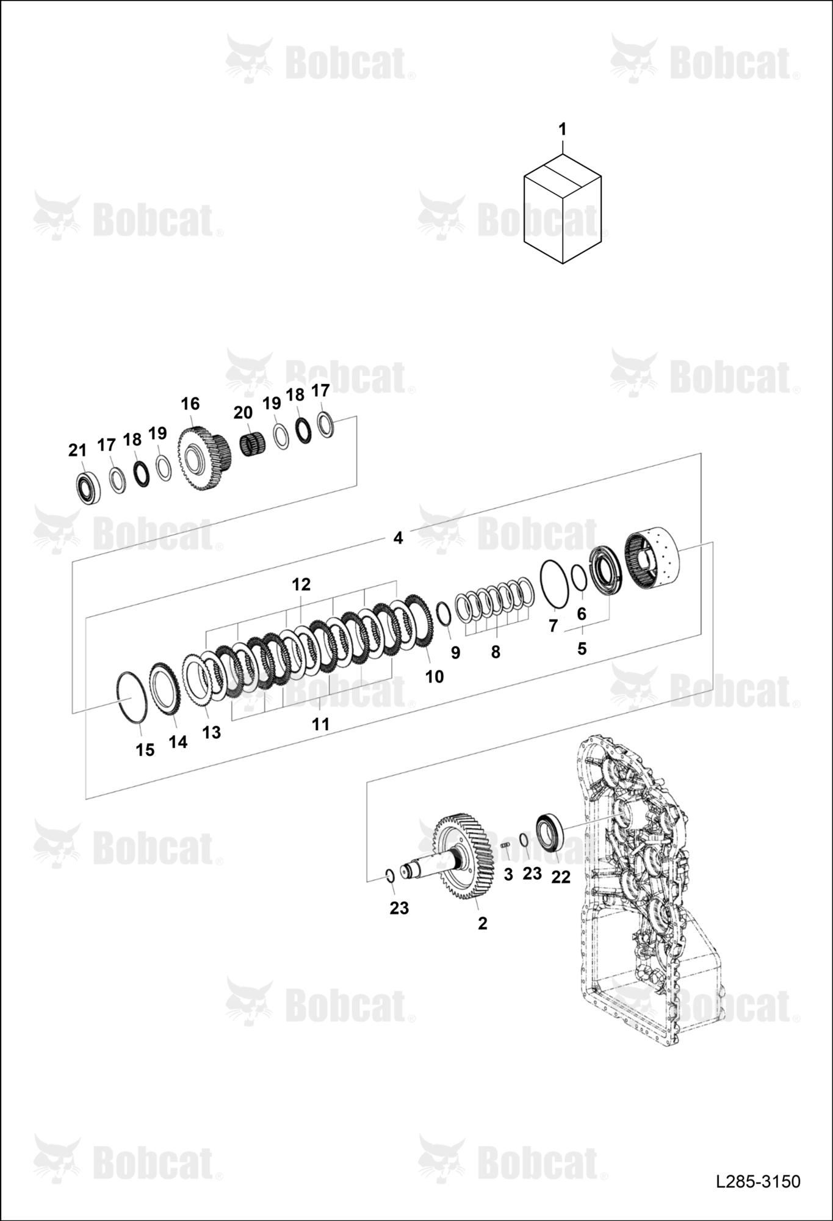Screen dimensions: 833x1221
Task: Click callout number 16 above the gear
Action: pyautogui.click(x=190, y=404)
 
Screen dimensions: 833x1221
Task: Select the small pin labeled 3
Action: pyautogui.click(x=505, y=845)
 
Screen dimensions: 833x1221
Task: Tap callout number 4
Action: pyautogui.click(x=398, y=538)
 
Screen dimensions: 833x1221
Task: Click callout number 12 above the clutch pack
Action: pyautogui.click(x=301, y=584)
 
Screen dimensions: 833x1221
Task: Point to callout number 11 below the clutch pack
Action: pyautogui.click(x=320, y=724)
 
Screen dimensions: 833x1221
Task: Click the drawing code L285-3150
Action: pyautogui.click(x=758, y=1181)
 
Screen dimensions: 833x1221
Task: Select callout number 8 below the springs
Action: pyautogui.click(x=496, y=652)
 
